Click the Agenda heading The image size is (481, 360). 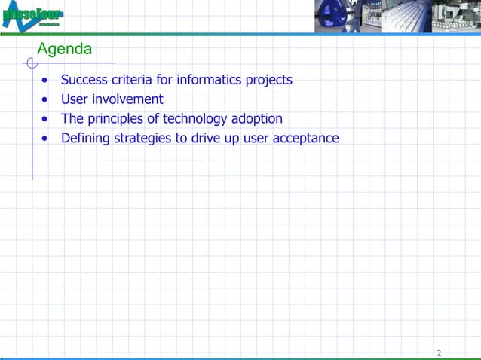point(65,50)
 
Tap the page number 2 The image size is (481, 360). point(439,353)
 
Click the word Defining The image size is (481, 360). point(85,139)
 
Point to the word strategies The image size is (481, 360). point(142,139)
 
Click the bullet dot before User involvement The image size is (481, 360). point(47,99)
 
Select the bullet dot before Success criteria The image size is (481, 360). point(47,80)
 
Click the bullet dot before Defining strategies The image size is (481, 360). point(47,139)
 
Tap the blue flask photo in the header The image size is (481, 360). point(336,17)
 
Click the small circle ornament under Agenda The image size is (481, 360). point(32,63)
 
